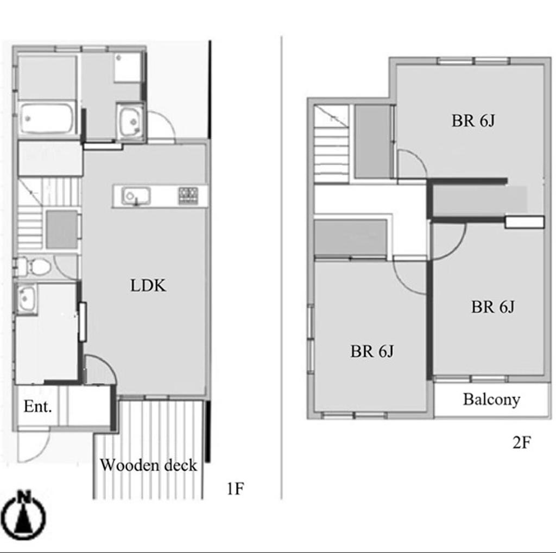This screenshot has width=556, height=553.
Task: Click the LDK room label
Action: point(148,285)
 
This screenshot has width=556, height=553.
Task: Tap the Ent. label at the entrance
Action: point(37,406)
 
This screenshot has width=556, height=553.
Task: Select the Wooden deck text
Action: point(148,465)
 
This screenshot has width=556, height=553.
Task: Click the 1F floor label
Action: point(235,489)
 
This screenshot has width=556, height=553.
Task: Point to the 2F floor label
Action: point(522,442)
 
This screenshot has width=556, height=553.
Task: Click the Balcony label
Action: point(491,399)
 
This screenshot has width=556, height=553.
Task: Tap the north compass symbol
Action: point(23,513)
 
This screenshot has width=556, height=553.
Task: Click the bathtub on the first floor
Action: point(46,118)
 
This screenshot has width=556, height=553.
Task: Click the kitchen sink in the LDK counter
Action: point(136,196)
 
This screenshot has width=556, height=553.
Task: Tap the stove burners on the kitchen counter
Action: point(188,196)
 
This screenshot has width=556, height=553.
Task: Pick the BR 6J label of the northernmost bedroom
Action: point(473,121)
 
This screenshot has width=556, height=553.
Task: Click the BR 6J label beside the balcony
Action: point(492,307)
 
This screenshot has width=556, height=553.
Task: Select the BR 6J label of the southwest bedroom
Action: point(371,351)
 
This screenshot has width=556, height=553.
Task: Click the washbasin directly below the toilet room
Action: point(26,298)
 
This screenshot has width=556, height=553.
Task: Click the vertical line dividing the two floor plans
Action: point(282,268)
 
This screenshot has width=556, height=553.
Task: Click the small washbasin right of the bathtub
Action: point(130,122)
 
